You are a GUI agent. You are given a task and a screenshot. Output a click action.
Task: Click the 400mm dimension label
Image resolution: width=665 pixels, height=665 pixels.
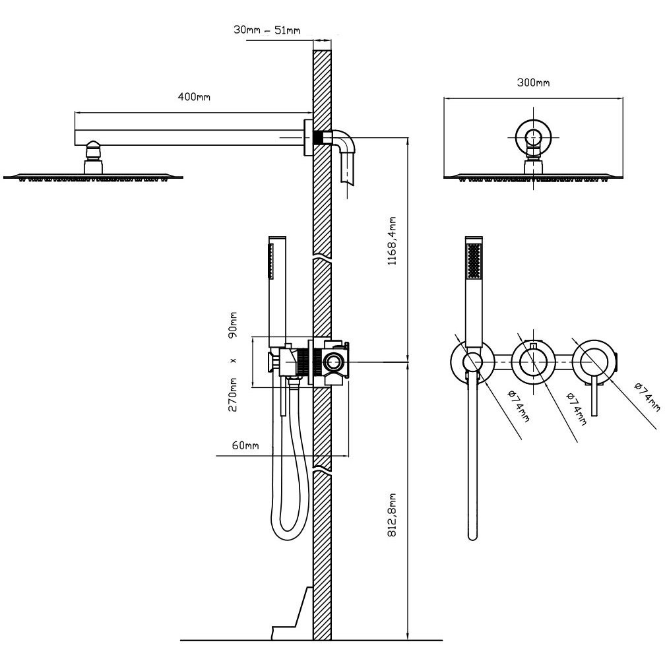tap(194, 98)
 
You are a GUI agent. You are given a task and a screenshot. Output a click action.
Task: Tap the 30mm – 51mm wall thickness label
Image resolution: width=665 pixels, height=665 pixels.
tap(267, 30)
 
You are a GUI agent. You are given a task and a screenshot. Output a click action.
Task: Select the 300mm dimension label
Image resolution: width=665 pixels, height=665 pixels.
tap(533, 83)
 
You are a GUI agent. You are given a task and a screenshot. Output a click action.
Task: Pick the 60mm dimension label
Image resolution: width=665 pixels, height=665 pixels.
tap(245, 446)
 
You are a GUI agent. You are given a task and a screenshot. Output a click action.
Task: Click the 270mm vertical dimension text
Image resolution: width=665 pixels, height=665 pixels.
tap(233, 394)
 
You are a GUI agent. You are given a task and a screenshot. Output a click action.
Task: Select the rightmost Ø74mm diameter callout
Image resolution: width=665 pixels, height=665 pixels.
tap(646, 395)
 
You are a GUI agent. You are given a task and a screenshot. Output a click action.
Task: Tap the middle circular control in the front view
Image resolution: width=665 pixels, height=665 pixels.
tap(532, 362)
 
